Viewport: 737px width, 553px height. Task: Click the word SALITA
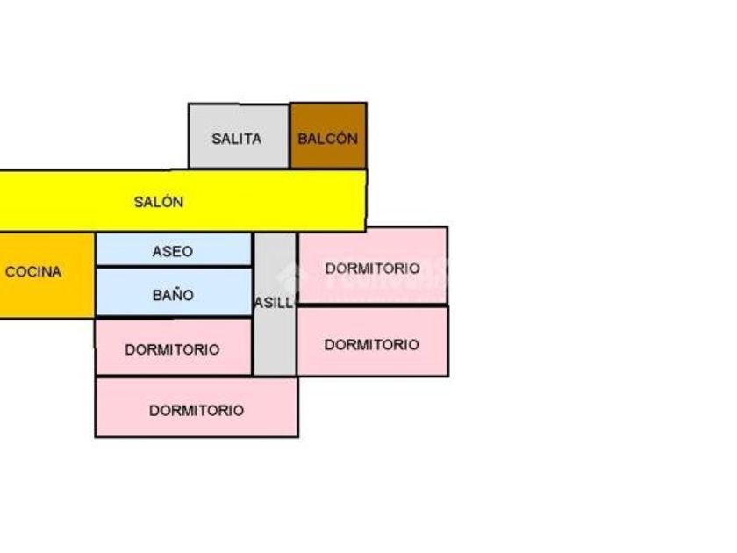[236, 139]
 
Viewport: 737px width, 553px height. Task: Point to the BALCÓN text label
[327, 139]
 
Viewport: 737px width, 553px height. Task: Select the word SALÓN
[159, 202]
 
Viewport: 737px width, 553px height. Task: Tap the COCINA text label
[33, 272]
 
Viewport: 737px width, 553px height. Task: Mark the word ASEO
[172, 251]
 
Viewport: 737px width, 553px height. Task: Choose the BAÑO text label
[172, 295]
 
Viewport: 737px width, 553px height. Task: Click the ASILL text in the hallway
[274, 303]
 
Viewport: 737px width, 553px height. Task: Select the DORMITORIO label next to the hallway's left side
[172, 349]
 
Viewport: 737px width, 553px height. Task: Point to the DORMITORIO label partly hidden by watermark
[373, 268]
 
